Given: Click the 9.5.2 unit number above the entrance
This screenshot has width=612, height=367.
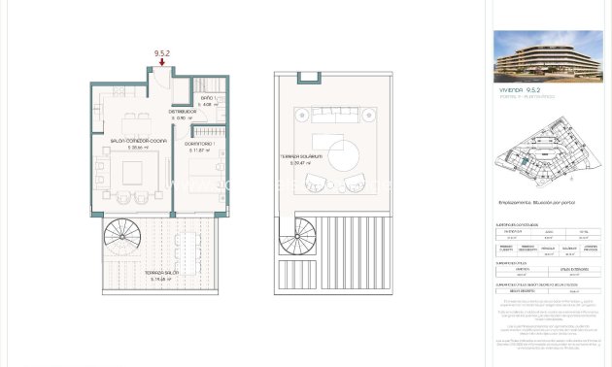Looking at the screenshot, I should tap(162, 52).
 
